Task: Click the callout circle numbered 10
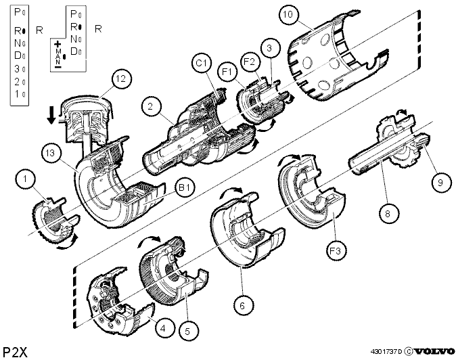coord(288,14)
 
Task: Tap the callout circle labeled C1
coord(202,63)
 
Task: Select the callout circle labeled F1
coord(228,71)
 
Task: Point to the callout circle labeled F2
coord(250,62)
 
